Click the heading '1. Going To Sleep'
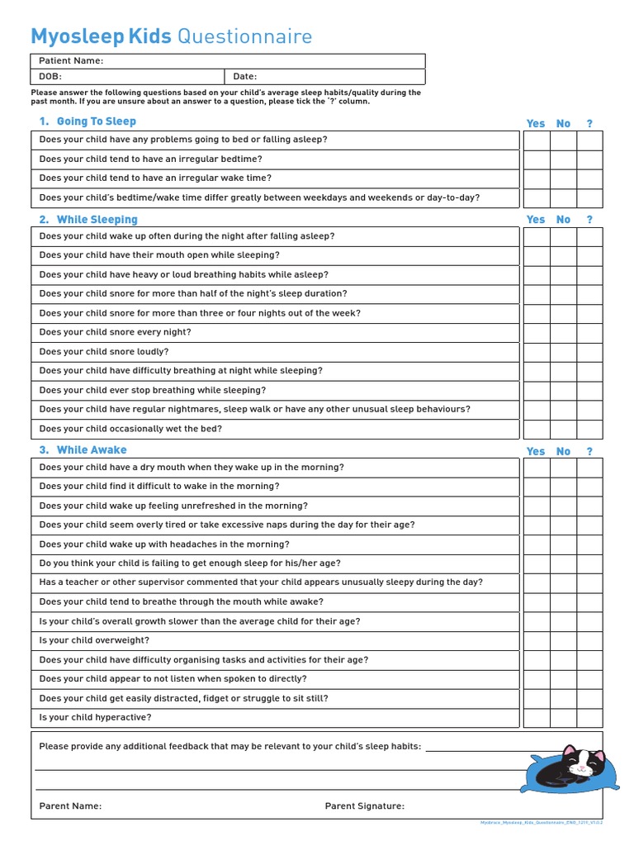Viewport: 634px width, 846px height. [88, 121]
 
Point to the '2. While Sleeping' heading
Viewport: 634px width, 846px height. [88, 220]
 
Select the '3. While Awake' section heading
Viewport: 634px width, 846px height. [83, 450]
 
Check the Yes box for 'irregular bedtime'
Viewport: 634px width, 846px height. [537, 159]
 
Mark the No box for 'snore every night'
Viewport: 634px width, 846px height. [563, 332]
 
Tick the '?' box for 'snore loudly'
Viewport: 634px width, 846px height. [589, 352]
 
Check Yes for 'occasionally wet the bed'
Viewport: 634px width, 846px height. [537, 429]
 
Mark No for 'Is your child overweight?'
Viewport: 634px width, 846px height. [563, 640]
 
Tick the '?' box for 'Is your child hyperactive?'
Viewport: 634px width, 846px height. [589, 718]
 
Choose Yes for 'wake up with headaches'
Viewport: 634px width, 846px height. [537, 544]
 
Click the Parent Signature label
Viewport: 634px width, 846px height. [364, 806]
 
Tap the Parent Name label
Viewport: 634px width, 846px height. [70, 806]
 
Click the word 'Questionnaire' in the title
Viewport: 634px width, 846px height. [245, 36]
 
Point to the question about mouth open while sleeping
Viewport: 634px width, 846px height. [159, 255]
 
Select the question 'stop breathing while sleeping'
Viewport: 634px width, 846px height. [153, 390]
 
